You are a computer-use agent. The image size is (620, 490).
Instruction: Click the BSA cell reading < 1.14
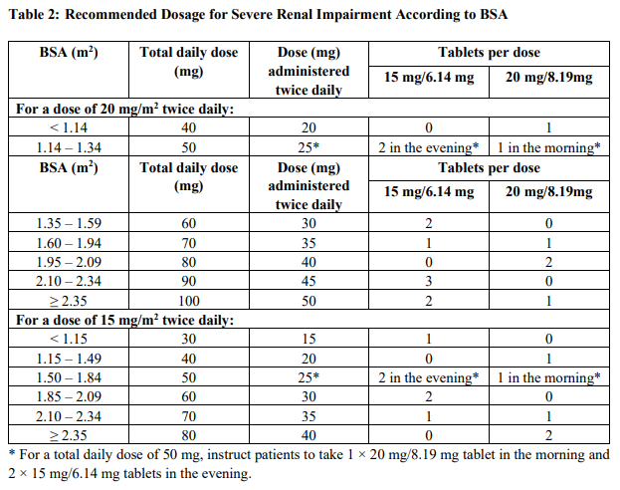(69, 128)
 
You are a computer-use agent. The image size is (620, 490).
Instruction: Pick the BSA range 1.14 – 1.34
(69, 147)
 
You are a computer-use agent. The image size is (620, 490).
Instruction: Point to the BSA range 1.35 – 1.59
(69, 224)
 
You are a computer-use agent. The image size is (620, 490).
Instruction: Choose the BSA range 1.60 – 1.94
(69, 243)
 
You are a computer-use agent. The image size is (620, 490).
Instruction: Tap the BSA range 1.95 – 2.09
(69, 262)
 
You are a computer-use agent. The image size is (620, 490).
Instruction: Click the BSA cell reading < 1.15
(69, 339)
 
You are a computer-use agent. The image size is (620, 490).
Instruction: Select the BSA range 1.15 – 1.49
(69, 358)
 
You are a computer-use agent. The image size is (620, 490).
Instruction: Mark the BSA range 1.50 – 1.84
(69, 377)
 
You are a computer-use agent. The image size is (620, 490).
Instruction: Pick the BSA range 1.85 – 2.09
(69, 396)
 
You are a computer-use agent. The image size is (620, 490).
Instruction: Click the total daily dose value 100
(189, 301)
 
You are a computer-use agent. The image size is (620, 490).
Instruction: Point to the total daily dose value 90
(189, 282)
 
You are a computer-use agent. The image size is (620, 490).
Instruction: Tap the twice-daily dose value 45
(309, 282)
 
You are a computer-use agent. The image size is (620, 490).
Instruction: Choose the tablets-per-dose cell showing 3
(429, 282)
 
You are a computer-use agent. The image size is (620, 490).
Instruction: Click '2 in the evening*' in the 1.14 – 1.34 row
(429, 147)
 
